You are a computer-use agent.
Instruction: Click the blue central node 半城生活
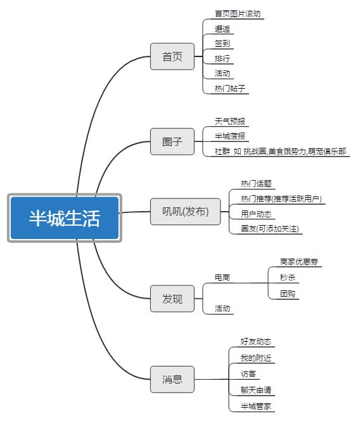[x=65, y=217]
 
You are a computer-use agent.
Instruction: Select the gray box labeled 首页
[x=172, y=56]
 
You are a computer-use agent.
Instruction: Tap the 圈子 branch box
[x=172, y=141]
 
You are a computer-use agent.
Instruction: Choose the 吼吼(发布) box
[x=185, y=212]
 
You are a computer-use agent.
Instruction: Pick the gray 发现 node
[x=172, y=299]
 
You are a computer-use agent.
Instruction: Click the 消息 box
[x=172, y=379]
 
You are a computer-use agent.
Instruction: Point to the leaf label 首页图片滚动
[x=238, y=14]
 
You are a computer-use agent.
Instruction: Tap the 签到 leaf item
[x=222, y=44]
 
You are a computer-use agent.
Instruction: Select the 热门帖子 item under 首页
[x=230, y=88]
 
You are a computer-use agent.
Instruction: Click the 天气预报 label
[x=230, y=121]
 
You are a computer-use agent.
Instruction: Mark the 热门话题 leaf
[x=256, y=184]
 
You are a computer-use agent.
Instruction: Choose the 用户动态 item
[x=256, y=214]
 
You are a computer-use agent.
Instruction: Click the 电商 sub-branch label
[x=222, y=278]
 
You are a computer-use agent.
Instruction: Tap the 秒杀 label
[x=288, y=277]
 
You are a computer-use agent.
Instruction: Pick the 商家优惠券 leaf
[x=299, y=261]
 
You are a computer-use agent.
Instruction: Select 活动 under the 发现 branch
[x=222, y=309]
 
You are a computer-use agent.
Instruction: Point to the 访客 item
[x=248, y=373]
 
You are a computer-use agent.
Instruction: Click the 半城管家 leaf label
[x=256, y=406]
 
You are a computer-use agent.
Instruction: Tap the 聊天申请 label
[x=256, y=390]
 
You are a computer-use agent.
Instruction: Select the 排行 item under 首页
[x=222, y=58]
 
